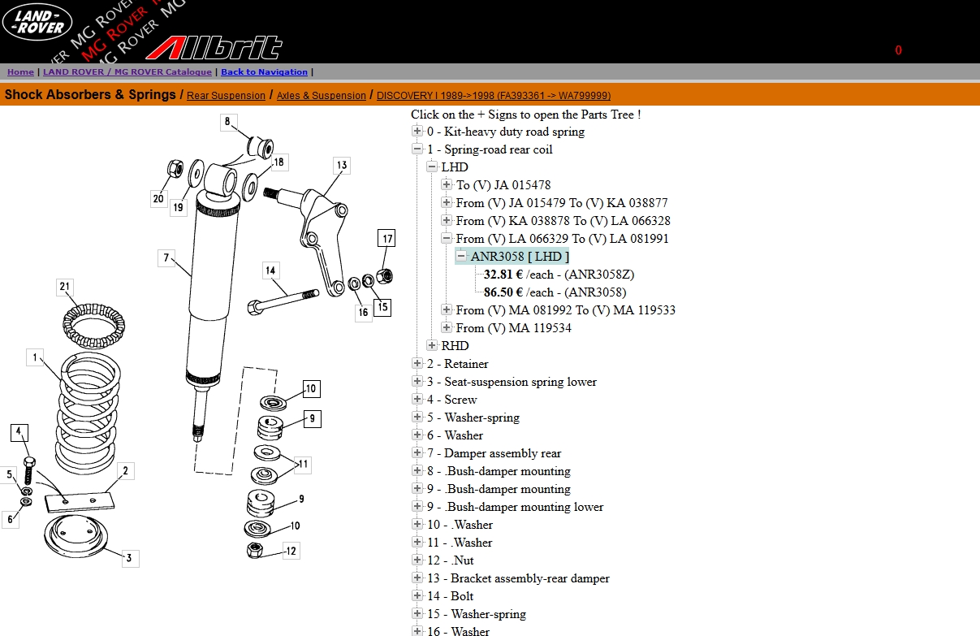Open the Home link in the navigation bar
pyautogui.click(x=21, y=72)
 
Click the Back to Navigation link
pyautogui.click(x=264, y=72)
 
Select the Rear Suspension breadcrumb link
pyautogui.click(x=226, y=96)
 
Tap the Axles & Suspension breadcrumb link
pyautogui.click(x=321, y=96)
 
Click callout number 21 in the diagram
pyautogui.click(x=66, y=286)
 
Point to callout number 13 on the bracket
pyautogui.click(x=342, y=166)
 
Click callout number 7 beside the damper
pyautogui.click(x=166, y=258)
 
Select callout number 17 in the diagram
pyautogui.click(x=387, y=239)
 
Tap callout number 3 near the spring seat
pyautogui.click(x=128, y=558)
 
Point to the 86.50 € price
pyautogui.click(x=503, y=292)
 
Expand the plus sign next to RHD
pyautogui.click(x=432, y=346)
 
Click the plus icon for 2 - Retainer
pyautogui.click(x=417, y=364)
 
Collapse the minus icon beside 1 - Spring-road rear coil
pyautogui.click(x=417, y=149)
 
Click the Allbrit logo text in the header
pyautogui.click(x=214, y=48)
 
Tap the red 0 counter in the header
pyautogui.click(x=898, y=50)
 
